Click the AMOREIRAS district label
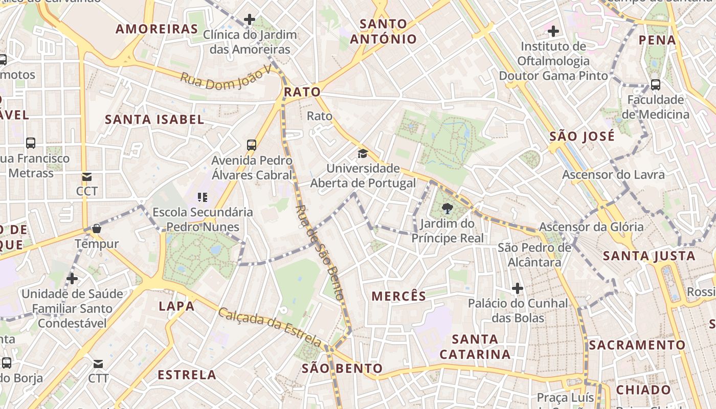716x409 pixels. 156,29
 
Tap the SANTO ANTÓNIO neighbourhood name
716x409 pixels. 384,31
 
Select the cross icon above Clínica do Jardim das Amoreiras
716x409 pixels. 249,20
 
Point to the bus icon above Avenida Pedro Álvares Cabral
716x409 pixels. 251,145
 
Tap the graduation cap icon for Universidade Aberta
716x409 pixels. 363,153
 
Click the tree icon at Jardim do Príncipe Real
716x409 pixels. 447,208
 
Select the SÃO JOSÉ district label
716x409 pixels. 582,137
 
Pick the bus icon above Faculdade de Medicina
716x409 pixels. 655,85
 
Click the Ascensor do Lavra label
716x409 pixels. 613,175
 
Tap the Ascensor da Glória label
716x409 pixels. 591,227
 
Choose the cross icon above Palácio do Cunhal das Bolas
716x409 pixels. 518,289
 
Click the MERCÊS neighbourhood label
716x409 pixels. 399,296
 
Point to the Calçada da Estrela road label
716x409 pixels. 270,327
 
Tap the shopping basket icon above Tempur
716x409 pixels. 97,229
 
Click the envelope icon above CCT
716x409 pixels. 87,177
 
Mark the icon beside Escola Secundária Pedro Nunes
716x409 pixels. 203,197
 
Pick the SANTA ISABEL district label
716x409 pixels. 154,120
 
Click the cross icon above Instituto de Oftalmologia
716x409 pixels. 553,32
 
